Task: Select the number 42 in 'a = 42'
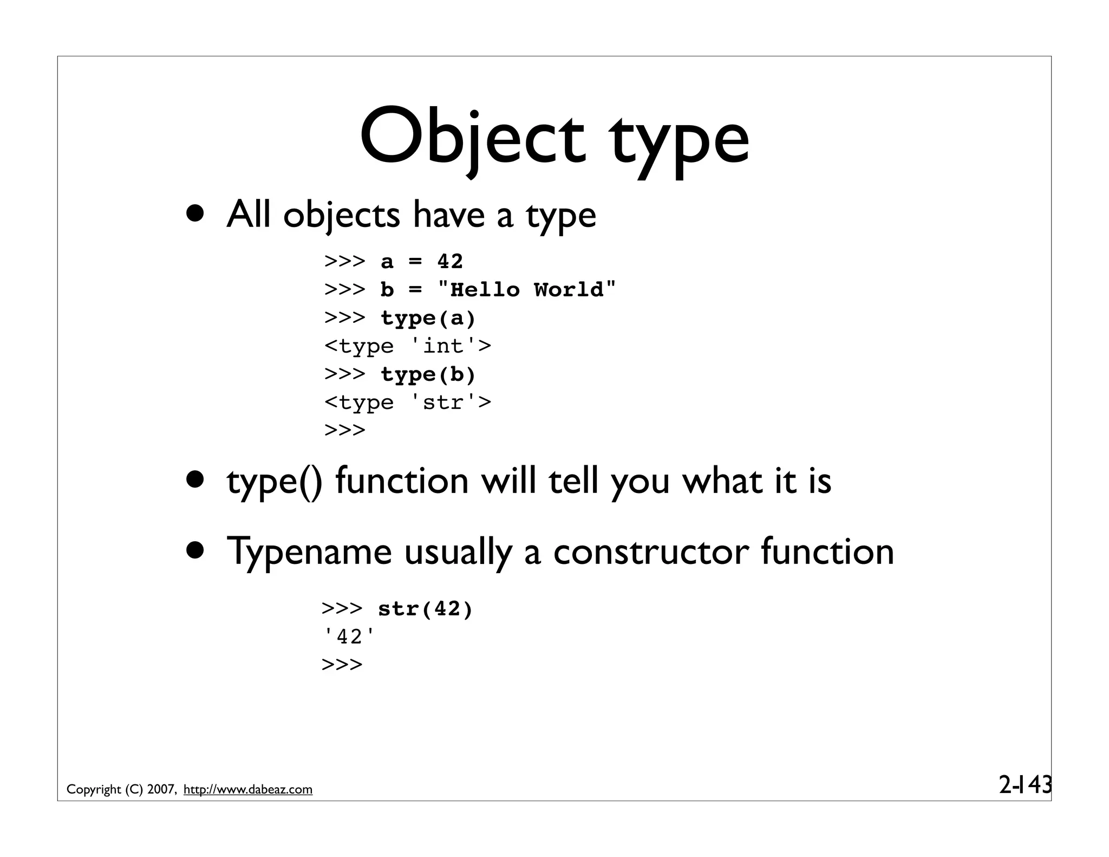[450, 262]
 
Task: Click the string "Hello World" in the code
[526, 290]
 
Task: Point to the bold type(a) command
[428, 318]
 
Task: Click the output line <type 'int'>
[407, 346]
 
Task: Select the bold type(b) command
[428, 374]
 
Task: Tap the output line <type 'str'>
[407, 402]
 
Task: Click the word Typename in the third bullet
[309, 551]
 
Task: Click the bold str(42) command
[425, 609]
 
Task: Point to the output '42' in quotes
[348, 637]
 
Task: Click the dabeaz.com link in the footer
[248, 789]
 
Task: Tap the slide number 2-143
[1025, 784]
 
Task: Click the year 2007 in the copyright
[160, 789]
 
